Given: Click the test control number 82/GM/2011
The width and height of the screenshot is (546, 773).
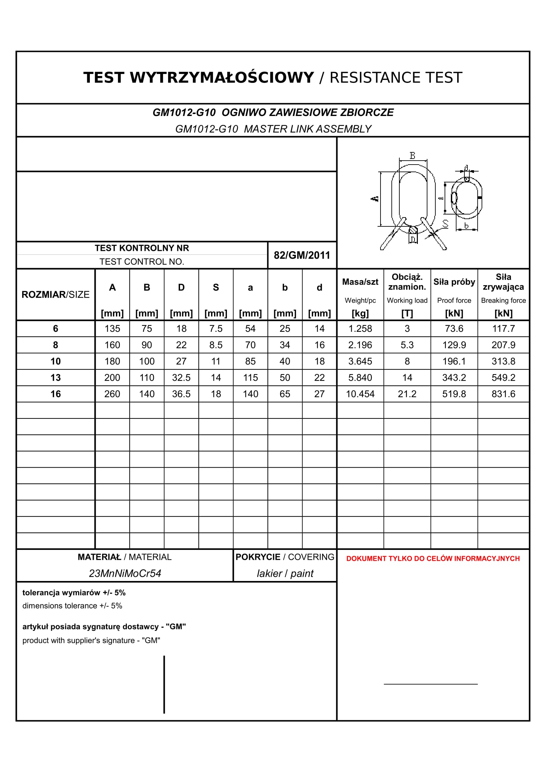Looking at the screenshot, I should (x=302, y=255).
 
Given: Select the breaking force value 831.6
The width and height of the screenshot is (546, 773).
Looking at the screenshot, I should (x=503, y=394).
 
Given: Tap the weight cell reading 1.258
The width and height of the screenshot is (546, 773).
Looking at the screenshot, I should (x=360, y=329).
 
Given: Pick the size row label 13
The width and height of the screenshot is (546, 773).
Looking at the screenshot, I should (x=55, y=378).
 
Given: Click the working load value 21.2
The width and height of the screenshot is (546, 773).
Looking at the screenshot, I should (x=407, y=394).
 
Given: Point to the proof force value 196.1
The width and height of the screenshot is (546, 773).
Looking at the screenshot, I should (x=454, y=361).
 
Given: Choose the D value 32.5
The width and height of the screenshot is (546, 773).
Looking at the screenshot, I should (x=181, y=378).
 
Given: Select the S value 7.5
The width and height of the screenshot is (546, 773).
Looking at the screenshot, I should (x=216, y=329).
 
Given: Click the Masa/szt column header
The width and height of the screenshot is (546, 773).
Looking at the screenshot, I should (x=360, y=282).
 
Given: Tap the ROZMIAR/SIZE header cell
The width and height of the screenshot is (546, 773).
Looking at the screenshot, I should (x=55, y=294).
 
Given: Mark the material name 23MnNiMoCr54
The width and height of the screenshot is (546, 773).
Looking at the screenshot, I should (x=125, y=573).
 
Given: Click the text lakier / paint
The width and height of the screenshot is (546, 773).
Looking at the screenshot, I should (x=285, y=573).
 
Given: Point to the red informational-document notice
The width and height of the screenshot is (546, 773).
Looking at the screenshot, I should (x=433, y=559).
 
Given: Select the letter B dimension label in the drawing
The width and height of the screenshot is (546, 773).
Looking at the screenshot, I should (x=413, y=156).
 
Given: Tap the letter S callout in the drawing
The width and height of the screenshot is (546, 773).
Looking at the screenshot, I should (x=445, y=223).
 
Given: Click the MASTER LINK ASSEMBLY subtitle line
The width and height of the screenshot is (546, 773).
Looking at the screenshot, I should (x=273, y=129).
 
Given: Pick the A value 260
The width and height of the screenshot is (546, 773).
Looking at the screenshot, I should (x=112, y=394).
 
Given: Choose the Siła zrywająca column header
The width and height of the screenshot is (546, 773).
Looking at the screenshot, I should (x=503, y=282).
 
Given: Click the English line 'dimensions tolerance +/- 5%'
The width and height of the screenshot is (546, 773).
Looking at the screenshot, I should (x=72, y=606).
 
